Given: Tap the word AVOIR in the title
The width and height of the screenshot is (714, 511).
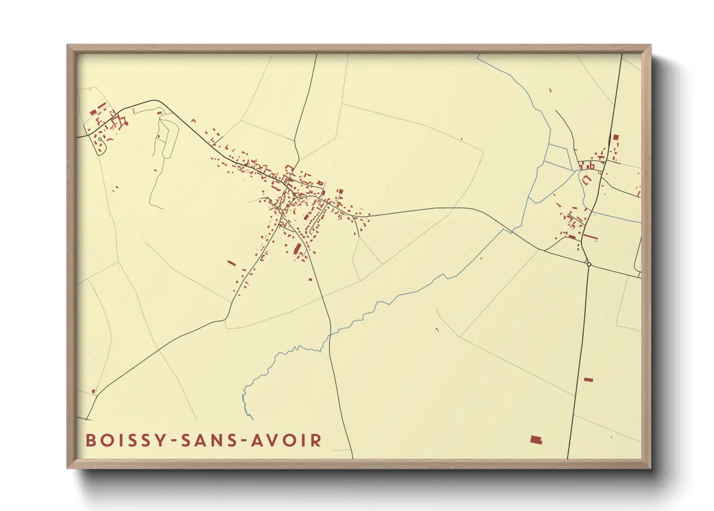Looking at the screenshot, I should coord(287,440).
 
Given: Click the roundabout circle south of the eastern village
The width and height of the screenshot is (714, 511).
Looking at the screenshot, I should coord(589,264).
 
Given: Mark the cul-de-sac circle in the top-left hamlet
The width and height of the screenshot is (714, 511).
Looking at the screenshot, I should coord(100,139).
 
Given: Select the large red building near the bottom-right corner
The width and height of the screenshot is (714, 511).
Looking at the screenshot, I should coord(536,440).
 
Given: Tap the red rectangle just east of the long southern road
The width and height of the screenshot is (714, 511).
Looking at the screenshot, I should coord(588,380).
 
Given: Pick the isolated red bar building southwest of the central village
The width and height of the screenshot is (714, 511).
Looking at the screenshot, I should coord(232,263).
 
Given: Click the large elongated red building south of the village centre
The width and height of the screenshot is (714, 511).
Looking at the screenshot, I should coord(297,249).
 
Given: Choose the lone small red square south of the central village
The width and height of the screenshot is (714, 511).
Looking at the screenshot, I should coord(311,278).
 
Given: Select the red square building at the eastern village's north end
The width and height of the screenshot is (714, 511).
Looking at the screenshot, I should coord(616,137).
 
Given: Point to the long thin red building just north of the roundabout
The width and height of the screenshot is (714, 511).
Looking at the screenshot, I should coord(590,237).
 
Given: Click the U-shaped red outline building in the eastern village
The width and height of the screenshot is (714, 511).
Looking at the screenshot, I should coord(587,180).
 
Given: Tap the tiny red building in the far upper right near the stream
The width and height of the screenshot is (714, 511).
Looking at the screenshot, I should coord(550,90).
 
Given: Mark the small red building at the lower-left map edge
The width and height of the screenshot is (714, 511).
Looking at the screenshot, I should coord(94,391).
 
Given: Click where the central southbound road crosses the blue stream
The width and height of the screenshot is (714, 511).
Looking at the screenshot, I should coord(330,335).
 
